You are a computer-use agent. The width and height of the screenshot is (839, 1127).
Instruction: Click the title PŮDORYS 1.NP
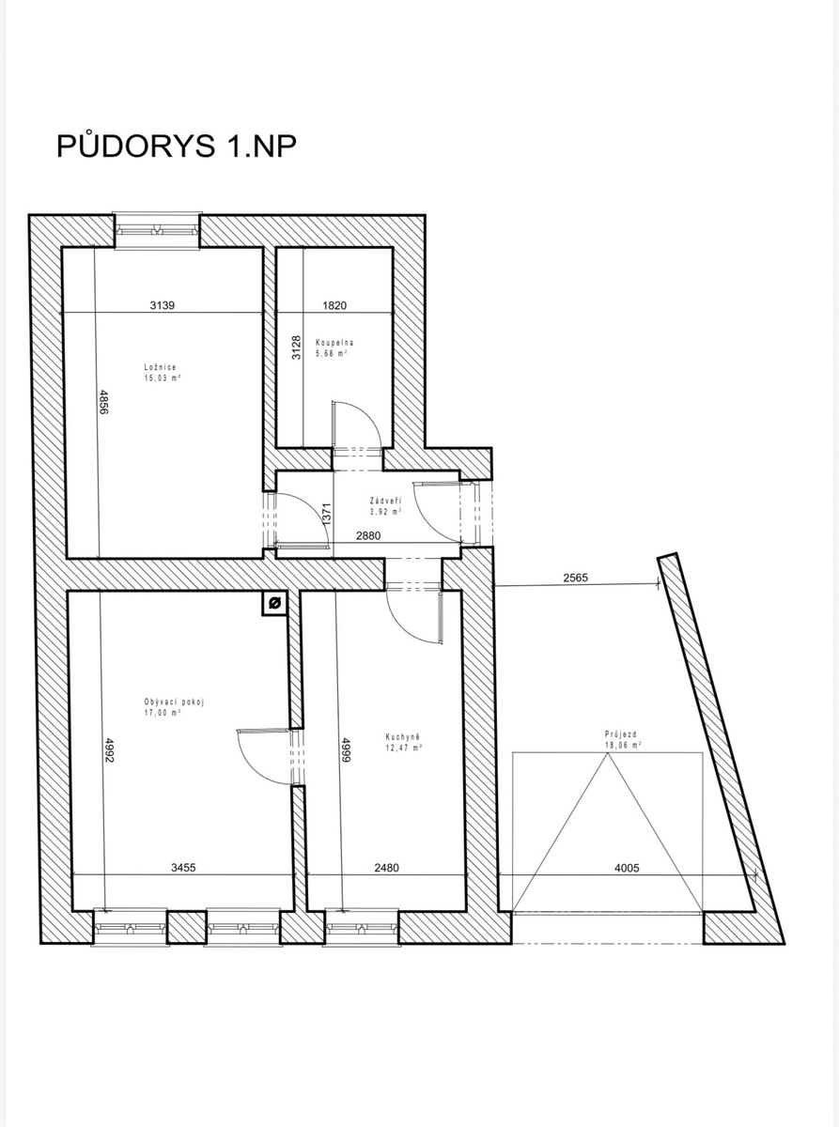tap(176, 146)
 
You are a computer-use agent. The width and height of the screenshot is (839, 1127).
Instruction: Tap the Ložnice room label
tap(160, 367)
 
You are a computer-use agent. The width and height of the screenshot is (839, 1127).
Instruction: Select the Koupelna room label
tap(334, 343)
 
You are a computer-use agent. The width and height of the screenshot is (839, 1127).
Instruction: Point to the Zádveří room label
tap(386, 501)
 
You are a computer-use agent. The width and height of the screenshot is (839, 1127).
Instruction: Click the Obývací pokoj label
tap(174, 702)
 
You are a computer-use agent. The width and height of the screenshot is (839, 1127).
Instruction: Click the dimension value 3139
tap(163, 305)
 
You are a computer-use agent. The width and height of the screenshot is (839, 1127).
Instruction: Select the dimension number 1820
tap(334, 305)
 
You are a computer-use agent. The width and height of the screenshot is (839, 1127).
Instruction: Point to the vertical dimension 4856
tap(104, 402)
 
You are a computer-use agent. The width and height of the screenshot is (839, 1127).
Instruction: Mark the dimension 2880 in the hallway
tap(367, 535)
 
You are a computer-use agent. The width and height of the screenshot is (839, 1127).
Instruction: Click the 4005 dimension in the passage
tap(627, 868)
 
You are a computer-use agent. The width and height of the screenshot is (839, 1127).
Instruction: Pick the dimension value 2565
tap(576, 578)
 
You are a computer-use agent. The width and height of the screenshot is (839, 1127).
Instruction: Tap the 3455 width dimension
tap(183, 868)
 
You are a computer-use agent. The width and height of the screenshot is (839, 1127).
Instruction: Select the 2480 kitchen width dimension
tap(386, 868)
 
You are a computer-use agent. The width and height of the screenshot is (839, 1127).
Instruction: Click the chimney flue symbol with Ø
tap(274, 603)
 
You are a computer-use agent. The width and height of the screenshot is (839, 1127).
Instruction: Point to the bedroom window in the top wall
tap(157, 230)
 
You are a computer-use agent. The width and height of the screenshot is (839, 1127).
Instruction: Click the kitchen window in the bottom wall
tap(361, 927)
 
